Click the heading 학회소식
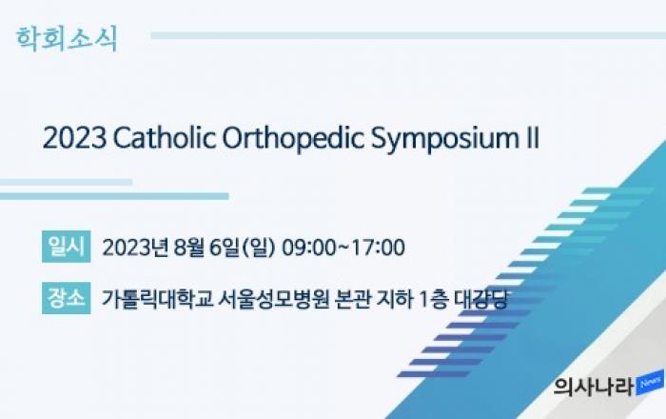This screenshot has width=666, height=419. (67, 39)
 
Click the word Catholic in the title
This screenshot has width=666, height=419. (164, 138)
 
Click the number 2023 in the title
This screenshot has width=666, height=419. (74, 138)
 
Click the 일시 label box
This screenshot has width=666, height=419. (67, 247)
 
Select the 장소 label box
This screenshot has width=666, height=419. (67, 298)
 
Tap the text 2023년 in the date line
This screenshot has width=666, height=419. (135, 248)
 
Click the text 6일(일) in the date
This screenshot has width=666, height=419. (243, 248)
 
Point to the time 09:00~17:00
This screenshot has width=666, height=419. (343, 248)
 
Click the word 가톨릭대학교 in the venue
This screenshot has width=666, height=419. (157, 299)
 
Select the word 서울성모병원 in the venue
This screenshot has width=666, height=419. (274, 299)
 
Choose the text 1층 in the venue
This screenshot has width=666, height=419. (434, 299)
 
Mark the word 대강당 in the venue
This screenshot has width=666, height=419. (480, 299)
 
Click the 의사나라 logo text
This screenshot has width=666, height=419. (594, 387)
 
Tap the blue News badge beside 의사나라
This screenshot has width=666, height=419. (650, 383)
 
